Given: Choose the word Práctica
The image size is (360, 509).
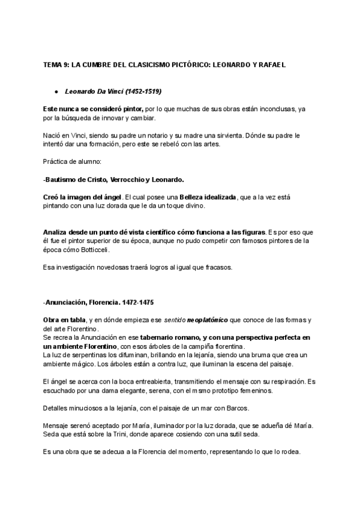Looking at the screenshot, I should (55, 162).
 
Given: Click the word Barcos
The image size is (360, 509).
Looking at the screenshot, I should (236, 409).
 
